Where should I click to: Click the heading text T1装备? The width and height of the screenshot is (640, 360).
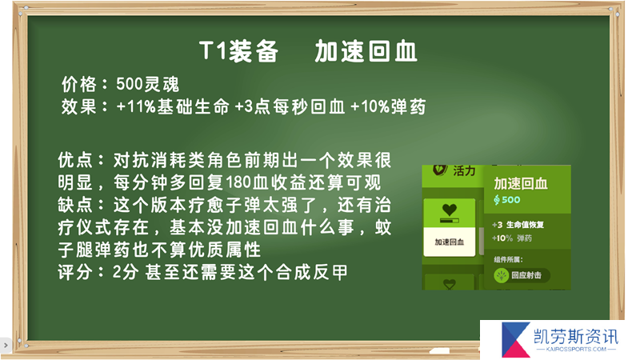click(x=238, y=51)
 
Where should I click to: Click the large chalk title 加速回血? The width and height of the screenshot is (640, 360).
click(x=366, y=51)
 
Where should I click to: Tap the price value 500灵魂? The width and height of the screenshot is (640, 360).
click(x=147, y=85)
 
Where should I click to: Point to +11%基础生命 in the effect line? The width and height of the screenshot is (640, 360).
click(x=173, y=107)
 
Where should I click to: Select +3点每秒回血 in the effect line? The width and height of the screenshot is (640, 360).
click(x=290, y=107)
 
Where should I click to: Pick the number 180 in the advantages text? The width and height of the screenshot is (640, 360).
click(x=238, y=183)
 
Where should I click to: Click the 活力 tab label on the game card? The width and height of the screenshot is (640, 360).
click(x=464, y=170)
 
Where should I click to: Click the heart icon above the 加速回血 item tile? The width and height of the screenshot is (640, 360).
click(x=450, y=210)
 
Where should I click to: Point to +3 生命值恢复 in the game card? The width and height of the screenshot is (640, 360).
click(x=518, y=225)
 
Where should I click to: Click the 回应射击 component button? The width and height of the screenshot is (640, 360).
click(x=522, y=275)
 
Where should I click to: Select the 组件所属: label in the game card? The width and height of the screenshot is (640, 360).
click(x=508, y=259)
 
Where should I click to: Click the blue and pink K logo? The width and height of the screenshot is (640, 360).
click(x=515, y=339)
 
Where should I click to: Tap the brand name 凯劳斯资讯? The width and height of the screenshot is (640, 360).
click(x=576, y=337)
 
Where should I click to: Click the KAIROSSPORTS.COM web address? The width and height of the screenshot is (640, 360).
click(x=576, y=350)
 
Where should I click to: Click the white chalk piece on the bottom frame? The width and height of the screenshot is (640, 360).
click(x=439, y=350)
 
